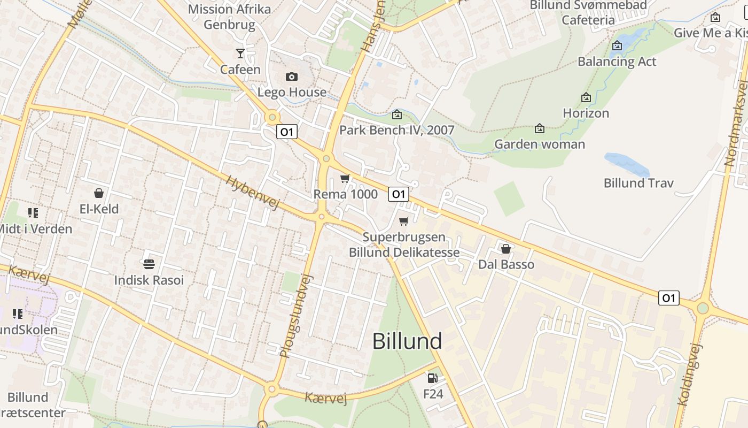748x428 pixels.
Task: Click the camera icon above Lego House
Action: coord(291,77)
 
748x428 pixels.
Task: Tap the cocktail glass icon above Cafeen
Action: coord(240,53)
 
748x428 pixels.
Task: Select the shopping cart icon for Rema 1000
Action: coord(345,178)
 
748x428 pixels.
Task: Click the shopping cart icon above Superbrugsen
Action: coord(404,221)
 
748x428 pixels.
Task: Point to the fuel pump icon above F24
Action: coord(432,378)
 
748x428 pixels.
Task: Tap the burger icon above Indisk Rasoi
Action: coord(149,264)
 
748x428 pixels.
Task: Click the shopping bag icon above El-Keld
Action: coord(98,193)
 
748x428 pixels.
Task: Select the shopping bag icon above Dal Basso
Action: coord(505,249)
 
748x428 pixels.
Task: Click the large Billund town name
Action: coord(407,341)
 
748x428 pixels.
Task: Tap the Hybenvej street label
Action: coord(252,193)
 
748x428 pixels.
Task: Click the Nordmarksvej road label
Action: coord(736,123)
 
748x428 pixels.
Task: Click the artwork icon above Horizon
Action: coord(586,97)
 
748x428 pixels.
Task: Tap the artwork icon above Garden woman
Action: coord(540,128)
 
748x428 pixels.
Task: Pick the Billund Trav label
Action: coord(638,183)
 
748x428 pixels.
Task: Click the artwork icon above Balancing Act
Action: coord(617,45)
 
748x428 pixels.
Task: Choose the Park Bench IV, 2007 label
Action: coord(397,130)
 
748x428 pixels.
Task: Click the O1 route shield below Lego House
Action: coord(287,132)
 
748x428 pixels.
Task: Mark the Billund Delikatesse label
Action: coord(404,253)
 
